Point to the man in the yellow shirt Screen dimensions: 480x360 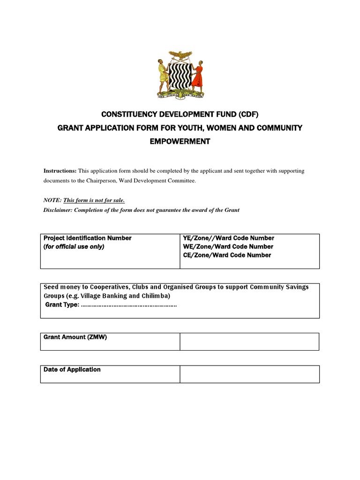tap(163, 76)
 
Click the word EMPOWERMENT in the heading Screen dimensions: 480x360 tap(180, 142)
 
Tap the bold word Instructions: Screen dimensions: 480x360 tap(60, 171)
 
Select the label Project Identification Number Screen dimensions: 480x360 tap(88, 238)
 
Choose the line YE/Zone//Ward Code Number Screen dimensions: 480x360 tap(228, 238)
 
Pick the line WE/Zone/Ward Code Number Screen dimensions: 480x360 tap(228, 247)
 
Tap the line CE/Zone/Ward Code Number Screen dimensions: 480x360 tap(227, 255)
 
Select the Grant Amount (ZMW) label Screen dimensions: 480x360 tap(75, 337)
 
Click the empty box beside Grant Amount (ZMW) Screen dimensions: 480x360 tap(249, 341)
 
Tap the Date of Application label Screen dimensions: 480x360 tap(72, 370)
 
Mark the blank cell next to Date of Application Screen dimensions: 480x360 tap(249, 374)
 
